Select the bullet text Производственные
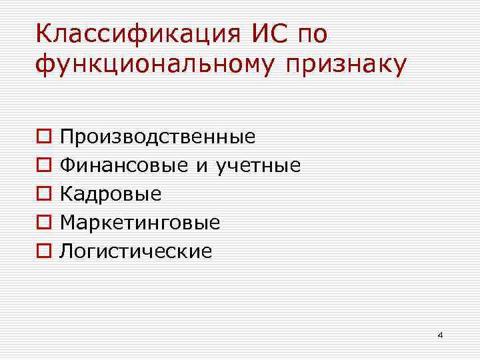click(x=158, y=137)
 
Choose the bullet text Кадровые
click(x=111, y=194)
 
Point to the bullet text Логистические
click(x=136, y=251)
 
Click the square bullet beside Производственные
click(x=43, y=137)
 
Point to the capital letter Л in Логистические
click(x=66, y=251)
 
